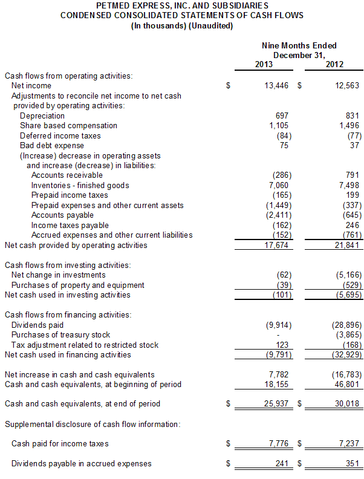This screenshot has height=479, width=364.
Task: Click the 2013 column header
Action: [264, 65]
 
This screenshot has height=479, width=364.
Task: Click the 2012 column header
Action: [334, 65]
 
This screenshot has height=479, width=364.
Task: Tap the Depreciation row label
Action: [42, 116]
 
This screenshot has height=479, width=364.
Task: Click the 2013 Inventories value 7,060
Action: [278, 185]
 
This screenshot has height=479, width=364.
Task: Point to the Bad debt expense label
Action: [52, 145]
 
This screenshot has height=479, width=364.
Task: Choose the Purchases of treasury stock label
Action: [60, 334]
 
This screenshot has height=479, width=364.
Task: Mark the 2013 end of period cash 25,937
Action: [277, 403]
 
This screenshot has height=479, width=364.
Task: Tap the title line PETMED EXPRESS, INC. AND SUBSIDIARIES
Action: [181, 5]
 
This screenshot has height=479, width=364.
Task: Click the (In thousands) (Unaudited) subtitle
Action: [181, 25]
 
